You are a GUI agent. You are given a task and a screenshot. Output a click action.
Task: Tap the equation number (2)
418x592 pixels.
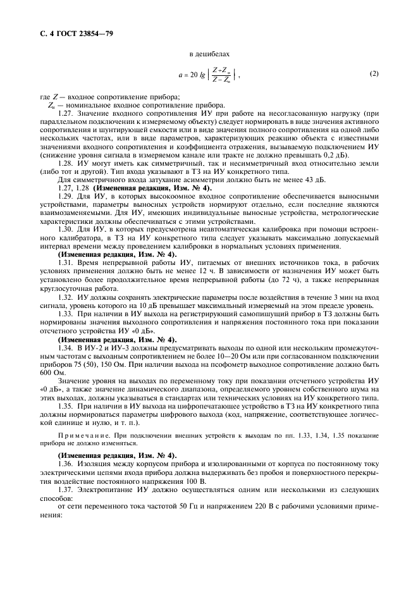pos(374,74)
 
